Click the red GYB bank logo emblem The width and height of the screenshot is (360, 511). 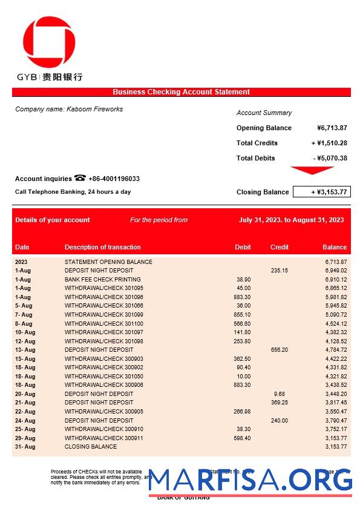click(49, 42)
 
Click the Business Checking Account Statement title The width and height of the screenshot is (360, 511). click(181, 92)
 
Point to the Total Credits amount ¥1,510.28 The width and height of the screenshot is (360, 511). click(329, 143)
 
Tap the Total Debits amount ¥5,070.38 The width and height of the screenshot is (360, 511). click(330, 158)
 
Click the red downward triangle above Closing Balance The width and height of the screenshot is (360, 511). click(312, 170)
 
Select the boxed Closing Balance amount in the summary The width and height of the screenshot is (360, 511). click(321, 192)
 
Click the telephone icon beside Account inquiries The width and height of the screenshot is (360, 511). click(80, 178)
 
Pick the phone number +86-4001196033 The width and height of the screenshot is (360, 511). click(114, 179)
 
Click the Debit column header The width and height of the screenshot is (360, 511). click(243, 247)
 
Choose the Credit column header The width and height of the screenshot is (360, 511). click(280, 247)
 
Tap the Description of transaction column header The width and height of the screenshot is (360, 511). click(102, 247)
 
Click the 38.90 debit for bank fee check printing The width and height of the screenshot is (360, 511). click(243, 280)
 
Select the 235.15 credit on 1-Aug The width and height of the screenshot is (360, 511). click(280, 271)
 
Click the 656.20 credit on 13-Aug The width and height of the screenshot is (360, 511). click(280, 350)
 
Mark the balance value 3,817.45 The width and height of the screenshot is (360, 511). click(335, 403)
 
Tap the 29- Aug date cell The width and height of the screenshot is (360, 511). click(25, 438)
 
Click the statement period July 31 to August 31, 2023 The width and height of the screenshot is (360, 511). click(291, 220)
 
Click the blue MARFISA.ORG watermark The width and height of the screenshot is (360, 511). click(250, 480)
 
